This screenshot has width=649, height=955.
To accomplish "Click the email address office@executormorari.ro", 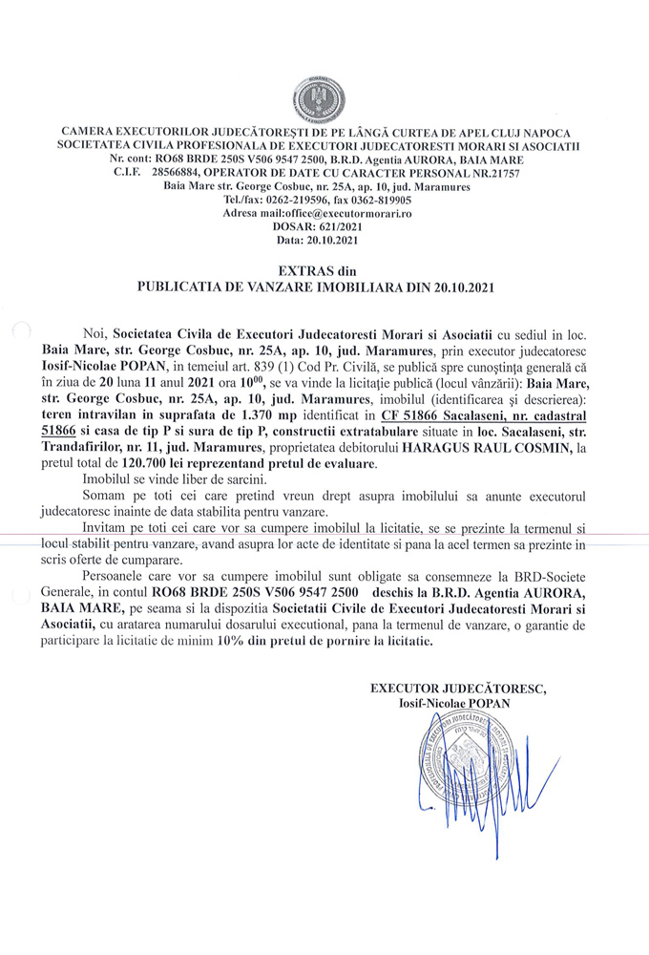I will [x=349, y=215].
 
